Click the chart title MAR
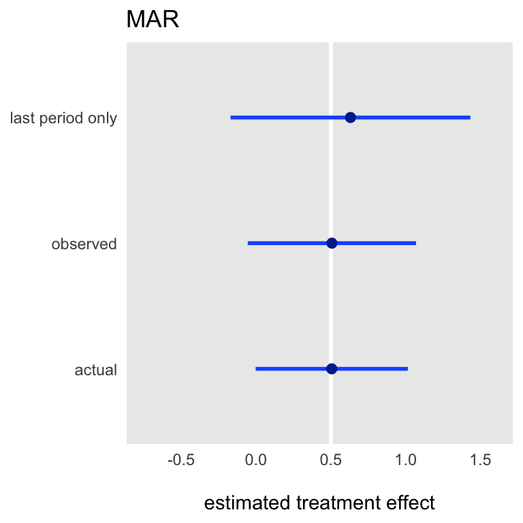tap(153, 19)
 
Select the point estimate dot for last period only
tap(350, 117)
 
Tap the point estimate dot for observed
tap(332, 243)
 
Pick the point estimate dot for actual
tap(332, 369)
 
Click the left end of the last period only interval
tap(231, 117)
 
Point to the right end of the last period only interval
tap(471, 117)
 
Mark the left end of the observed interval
tap(248, 243)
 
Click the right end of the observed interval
tap(416, 243)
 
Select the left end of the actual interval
tap(256, 369)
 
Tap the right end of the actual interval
tap(408, 369)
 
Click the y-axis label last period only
tap(63, 118)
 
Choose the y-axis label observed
tap(84, 244)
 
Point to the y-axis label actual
tap(96, 370)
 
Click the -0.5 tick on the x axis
tap(180, 460)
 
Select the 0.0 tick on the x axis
tap(256, 460)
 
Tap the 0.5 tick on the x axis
tap(331, 460)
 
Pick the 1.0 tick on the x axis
tap(406, 460)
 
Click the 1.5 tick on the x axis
tap(481, 460)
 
